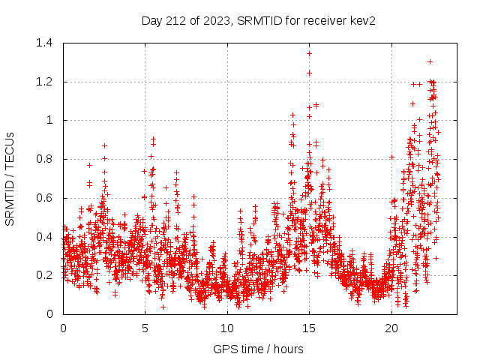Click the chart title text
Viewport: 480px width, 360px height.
258,20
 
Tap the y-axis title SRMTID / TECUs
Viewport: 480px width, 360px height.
10,178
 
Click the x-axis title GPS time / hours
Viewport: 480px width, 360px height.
258,349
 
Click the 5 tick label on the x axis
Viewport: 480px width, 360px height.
145,328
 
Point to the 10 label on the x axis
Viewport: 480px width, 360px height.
227,328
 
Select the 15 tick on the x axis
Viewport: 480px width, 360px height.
310,328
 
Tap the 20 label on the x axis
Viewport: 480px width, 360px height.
391,328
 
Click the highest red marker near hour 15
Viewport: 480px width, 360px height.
309,53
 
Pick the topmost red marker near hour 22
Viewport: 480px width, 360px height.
430,61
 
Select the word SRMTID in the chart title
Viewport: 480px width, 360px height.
257,20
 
